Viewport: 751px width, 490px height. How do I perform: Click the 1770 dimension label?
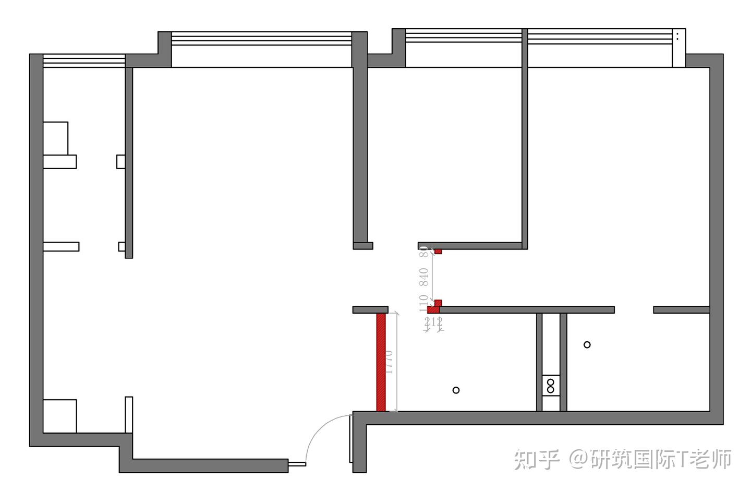(389, 361)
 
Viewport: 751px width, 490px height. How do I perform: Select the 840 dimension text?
(424, 277)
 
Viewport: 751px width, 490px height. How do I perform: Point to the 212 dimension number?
(433, 322)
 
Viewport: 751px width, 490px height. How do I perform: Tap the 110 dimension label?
(423, 303)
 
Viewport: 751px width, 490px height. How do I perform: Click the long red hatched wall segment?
(381, 362)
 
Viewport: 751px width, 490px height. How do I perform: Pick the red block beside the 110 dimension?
(435, 307)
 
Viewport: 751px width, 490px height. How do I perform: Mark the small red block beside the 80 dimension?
(439, 252)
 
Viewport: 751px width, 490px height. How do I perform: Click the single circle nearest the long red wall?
(456, 390)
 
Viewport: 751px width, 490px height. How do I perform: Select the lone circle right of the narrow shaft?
(587, 344)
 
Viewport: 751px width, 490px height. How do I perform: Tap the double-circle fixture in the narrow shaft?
(551, 386)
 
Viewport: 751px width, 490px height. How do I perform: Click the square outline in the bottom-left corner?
(59, 416)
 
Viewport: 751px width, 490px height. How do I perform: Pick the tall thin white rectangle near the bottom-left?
(129, 414)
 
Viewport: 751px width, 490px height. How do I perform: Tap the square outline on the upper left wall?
(55, 138)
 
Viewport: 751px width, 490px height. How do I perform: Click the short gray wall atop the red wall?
(370, 309)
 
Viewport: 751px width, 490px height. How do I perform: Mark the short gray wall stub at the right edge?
(681, 310)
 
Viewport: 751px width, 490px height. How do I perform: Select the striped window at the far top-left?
(84, 61)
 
